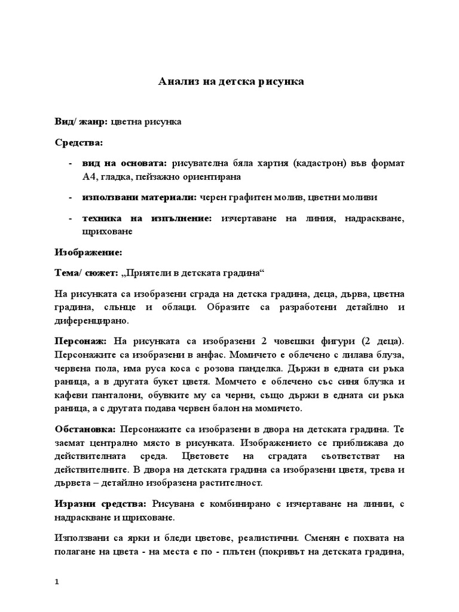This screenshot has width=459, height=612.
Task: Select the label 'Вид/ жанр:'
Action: [x=81, y=121]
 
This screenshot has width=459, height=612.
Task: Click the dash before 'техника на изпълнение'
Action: [x=71, y=219]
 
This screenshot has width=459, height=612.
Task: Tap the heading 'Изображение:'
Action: [x=88, y=252]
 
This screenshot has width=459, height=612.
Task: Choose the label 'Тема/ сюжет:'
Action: [x=86, y=273]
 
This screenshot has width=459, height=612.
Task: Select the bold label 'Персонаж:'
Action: [x=81, y=341]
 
